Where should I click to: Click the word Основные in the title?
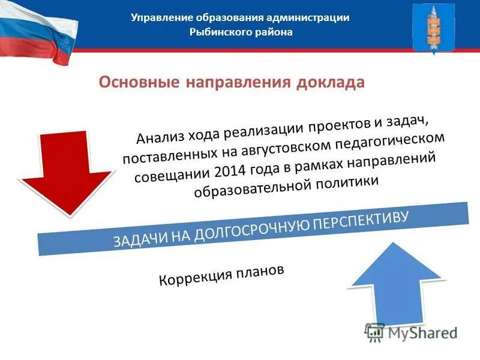pyautogui.click(x=139, y=82)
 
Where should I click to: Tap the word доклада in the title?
pyautogui.click(x=331, y=82)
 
